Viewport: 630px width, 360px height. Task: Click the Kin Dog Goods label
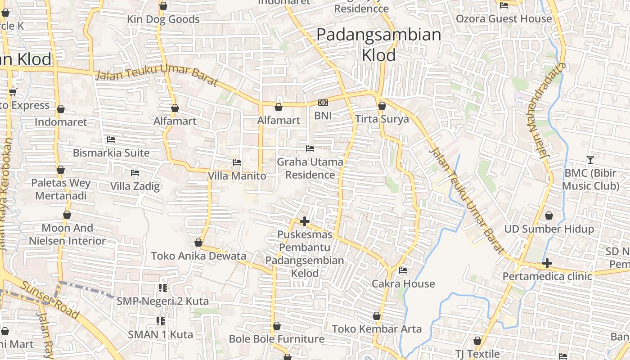(x=163, y=19)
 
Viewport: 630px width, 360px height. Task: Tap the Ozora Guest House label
(x=504, y=18)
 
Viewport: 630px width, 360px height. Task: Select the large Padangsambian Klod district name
(x=379, y=45)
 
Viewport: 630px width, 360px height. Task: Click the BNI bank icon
(x=323, y=103)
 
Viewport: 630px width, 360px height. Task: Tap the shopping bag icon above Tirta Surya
(x=382, y=106)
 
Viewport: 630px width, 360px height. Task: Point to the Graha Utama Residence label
(x=310, y=168)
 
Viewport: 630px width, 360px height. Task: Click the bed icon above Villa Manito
(x=237, y=162)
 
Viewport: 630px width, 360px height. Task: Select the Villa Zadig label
(x=135, y=186)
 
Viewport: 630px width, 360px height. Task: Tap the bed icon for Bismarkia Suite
(x=111, y=139)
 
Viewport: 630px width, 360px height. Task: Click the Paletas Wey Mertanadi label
(x=61, y=189)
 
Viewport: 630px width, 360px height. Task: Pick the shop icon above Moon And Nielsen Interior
(x=67, y=215)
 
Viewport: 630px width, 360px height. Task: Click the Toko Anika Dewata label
(x=198, y=256)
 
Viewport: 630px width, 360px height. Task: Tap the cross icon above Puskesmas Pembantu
(x=305, y=221)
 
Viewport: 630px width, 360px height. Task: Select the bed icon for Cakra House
(x=403, y=270)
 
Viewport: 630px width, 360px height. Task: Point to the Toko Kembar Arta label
(x=377, y=329)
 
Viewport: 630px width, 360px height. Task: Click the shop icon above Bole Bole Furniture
(x=277, y=326)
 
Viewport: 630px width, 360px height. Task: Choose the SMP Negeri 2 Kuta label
(x=162, y=301)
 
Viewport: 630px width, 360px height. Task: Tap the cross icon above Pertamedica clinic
(x=547, y=263)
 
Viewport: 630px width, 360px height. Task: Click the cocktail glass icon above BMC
(x=590, y=159)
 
